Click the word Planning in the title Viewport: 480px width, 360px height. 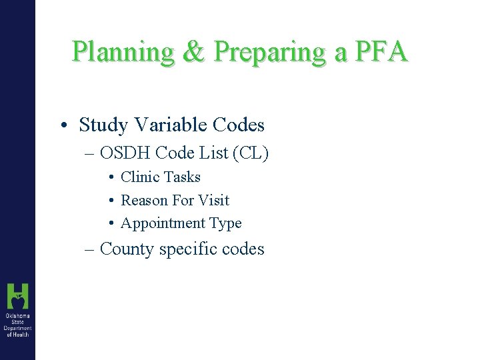tap(123, 52)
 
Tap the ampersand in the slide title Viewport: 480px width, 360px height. tap(193, 51)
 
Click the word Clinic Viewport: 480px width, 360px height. tap(139, 177)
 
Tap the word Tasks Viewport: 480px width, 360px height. tap(182, 177)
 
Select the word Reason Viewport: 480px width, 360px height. tap(142, 201)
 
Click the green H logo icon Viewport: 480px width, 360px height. tap(17, 296)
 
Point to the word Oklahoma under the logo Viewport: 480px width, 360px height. tap(17, 315)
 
